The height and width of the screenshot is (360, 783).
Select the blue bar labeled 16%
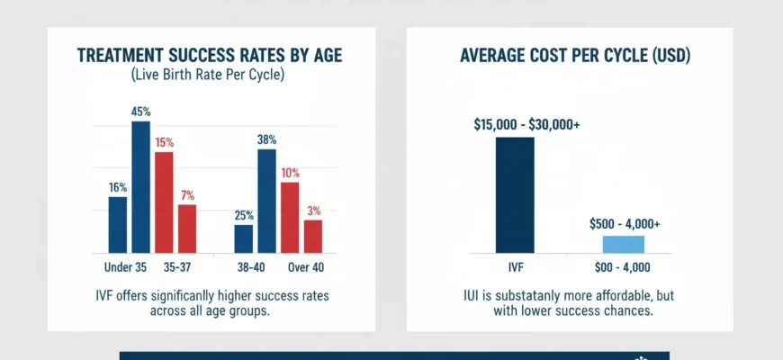click(118, 224)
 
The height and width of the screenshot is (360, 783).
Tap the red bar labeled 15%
click(164, 202)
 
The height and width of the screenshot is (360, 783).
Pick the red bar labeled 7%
click(187, 229)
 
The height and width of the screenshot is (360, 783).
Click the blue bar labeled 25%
click(244, 238)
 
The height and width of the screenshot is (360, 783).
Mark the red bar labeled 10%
click(290, 217)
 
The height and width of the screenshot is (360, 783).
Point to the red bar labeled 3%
click(313, 236)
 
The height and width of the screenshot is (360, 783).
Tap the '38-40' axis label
click(251, 266)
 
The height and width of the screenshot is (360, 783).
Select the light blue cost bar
click(623, 244)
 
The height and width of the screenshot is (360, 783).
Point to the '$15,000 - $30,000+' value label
click(526, 125)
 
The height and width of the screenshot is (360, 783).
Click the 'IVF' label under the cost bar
click(515, 266)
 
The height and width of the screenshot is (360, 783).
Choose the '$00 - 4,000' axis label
click(623, 266)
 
